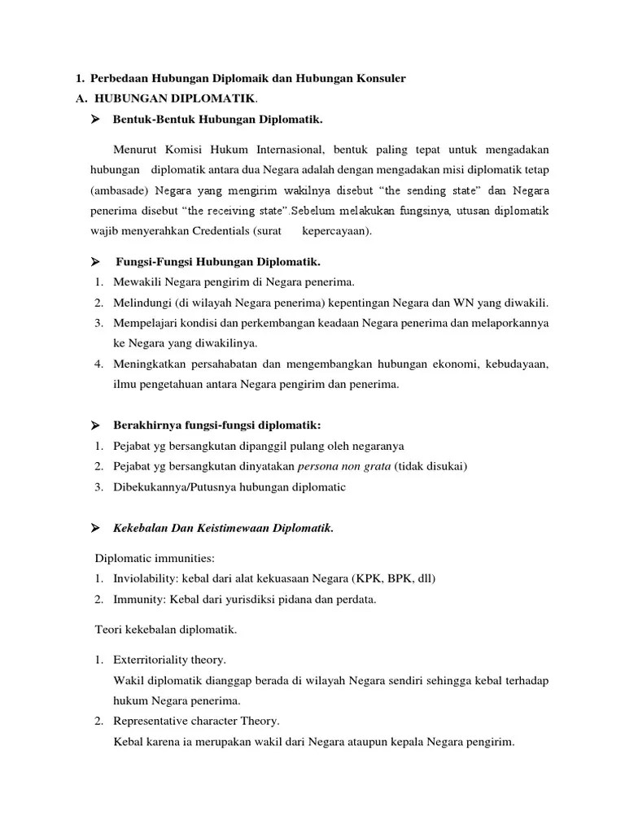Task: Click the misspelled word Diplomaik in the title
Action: [x=234, y=78]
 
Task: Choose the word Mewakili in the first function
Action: [x=137, y=282]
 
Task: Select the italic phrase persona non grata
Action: [x=345, y=467]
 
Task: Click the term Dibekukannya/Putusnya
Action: [x=174, y=487]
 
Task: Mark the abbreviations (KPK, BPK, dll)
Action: [x=394, y=579]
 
